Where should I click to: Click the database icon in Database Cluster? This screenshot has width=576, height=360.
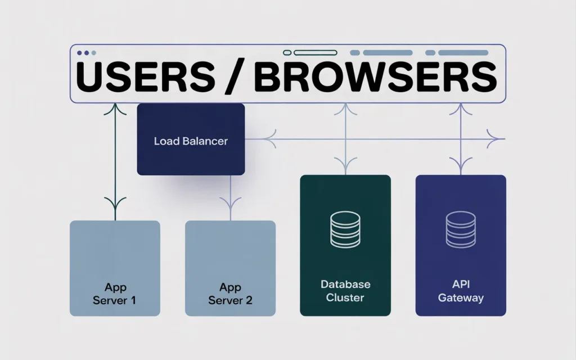tap(345, 230)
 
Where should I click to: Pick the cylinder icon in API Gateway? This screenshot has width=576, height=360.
tap(461, 230)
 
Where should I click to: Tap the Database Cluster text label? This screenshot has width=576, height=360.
tap(345, 291)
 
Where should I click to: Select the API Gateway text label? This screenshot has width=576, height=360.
tap(461, 291)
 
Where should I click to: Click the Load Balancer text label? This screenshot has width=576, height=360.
tap(191, 141)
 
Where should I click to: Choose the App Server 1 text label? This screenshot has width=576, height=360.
tap(115, 294)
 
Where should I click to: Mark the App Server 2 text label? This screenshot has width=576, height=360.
tap(230, 294)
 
